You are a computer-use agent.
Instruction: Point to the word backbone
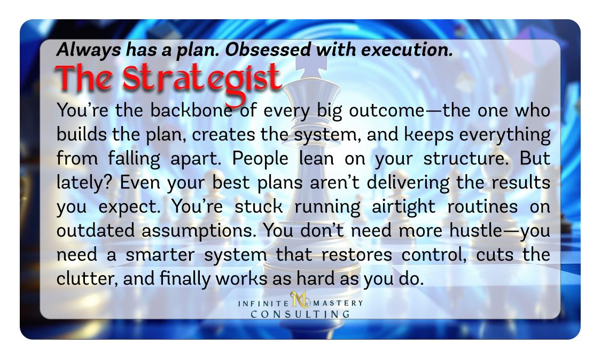coord(191,111)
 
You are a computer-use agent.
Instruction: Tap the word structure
coord(465,159)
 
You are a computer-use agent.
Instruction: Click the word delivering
coord(408,183)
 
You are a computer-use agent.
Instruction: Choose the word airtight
coord(404,207)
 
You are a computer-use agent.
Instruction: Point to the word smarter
coord(160,255)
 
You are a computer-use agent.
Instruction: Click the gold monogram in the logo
coord(300,300)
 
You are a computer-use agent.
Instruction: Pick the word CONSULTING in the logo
coord(300,315)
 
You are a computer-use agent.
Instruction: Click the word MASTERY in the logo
coord(338,303)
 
